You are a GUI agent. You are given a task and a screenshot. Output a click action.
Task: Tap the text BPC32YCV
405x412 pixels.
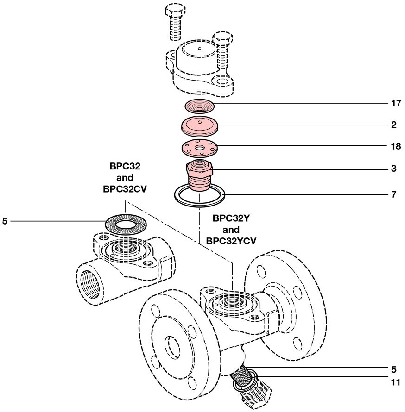[x=230, y=241]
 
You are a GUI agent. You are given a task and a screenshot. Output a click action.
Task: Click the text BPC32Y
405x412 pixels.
[x=230, y=218]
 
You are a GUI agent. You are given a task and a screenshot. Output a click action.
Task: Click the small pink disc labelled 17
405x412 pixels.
[x=199, y=106]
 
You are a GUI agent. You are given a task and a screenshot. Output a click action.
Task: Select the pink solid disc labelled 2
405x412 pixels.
[x=200, y=125]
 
